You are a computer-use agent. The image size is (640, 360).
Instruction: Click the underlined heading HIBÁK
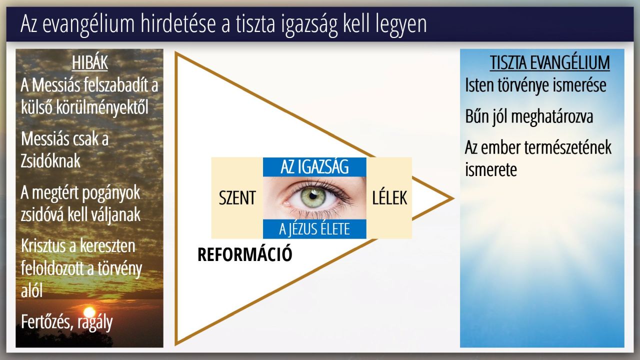89,63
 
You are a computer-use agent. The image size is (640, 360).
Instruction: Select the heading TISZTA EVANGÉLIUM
549,63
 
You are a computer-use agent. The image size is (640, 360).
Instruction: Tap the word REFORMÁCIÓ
245,254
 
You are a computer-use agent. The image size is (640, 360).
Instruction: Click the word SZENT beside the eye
237,197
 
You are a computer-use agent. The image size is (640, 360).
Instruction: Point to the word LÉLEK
389,197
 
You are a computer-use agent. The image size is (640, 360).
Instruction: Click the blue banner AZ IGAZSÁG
314,167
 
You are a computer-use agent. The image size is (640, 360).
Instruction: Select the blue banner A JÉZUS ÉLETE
314,229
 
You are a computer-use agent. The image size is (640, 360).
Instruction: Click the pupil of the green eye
313,196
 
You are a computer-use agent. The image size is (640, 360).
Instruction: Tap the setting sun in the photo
89,312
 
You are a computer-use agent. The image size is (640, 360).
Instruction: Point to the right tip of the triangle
453,198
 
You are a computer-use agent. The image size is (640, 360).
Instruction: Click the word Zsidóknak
50,161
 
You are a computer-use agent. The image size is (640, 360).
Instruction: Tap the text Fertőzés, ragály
67,323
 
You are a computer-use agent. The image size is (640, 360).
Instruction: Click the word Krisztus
43,245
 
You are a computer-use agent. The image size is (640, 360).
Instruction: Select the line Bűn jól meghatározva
529,117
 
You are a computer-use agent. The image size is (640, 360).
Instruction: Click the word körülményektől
102,108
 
